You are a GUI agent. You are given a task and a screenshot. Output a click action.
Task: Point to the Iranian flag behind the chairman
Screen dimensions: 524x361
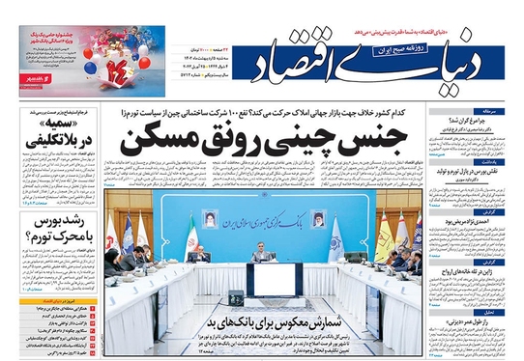point(191,236)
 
